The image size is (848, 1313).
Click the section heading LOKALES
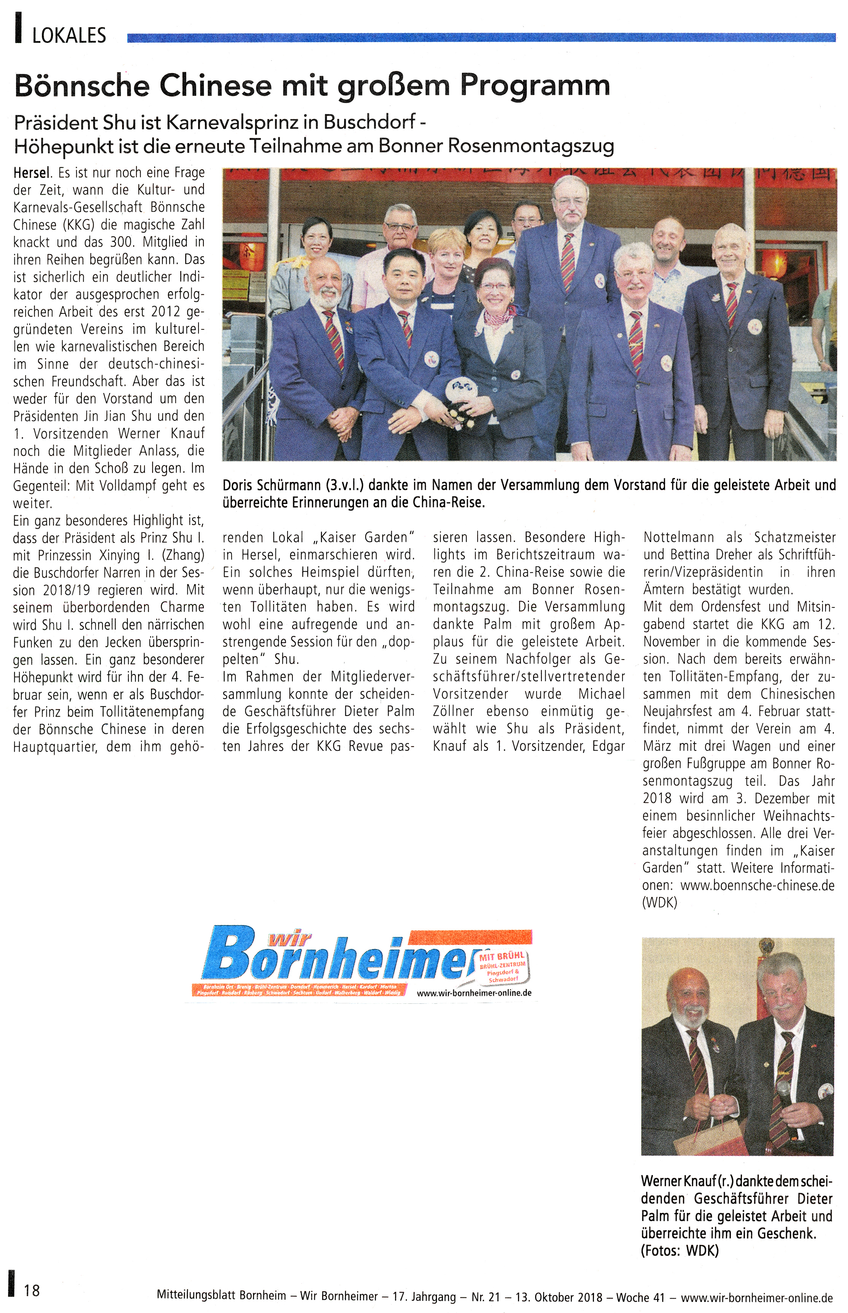pyautogui.click(x=69, y=36)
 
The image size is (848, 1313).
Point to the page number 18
pyautogui.click(x=32, y=1291)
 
